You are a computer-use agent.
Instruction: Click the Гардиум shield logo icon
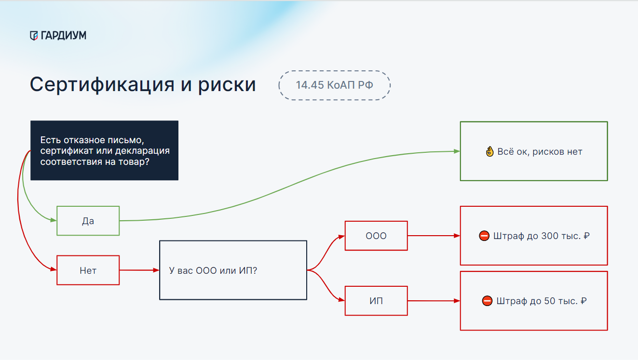point(33,35)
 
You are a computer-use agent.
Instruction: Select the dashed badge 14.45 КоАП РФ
point(334,85)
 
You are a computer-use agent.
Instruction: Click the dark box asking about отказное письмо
point(104,150)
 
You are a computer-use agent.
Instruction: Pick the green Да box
point(88,221)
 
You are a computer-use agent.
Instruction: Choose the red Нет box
point(88,270)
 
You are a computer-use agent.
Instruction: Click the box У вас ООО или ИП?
point(233,270)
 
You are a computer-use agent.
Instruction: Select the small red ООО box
point(376,236)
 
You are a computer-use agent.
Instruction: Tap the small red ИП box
point(376,301)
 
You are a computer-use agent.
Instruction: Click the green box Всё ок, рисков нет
point(534,151)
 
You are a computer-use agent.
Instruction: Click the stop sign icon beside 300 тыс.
point(484,236)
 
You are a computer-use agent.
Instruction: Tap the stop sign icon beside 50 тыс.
point(487,301)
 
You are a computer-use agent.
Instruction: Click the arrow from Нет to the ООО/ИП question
point(139,270)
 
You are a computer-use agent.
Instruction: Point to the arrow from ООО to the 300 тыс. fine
point(434,236)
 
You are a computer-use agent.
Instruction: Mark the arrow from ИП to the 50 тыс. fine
point(434,301)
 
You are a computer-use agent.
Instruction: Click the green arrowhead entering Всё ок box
point(457,151)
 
